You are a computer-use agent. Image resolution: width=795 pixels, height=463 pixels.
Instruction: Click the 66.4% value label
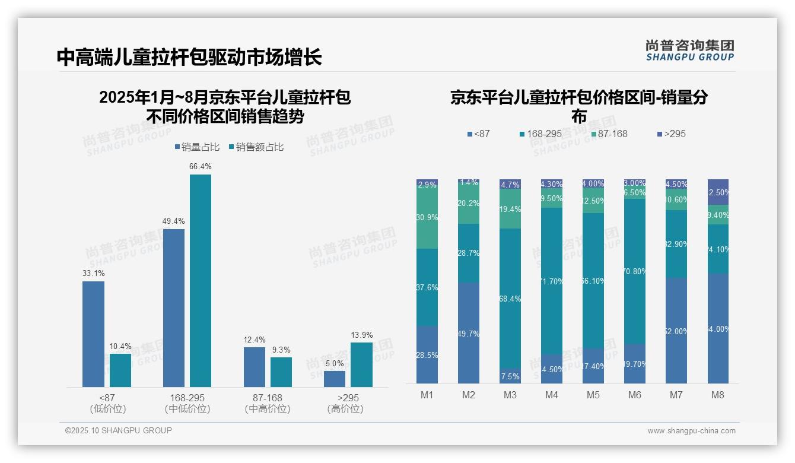[201, 167]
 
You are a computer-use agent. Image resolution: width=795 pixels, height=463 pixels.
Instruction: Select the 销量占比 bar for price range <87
[93, 334]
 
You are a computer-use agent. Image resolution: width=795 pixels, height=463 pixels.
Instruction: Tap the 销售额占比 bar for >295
[361, 364]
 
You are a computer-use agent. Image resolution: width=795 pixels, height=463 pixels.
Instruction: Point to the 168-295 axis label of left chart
[187, 398]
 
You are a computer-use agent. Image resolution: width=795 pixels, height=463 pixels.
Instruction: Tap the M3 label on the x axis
[510, 395]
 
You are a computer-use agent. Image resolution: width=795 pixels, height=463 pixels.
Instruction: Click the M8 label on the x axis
[718, 395]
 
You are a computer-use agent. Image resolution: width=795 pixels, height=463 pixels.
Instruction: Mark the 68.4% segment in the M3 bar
[510, 299]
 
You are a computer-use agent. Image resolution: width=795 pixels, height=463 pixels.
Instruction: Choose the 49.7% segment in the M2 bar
[468, 333]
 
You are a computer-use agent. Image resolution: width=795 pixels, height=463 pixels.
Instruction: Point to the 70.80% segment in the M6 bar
[635, 271]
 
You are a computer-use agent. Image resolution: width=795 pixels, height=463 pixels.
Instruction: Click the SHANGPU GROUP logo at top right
[689, 50]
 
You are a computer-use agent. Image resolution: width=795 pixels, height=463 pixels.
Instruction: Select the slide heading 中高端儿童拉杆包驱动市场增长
[189, 57]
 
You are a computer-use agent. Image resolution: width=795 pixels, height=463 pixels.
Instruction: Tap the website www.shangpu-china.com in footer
[691, 431]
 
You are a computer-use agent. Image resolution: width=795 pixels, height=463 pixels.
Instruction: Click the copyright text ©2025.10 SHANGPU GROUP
[119, 430]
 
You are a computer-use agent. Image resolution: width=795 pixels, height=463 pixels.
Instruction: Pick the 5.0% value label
[335, 363]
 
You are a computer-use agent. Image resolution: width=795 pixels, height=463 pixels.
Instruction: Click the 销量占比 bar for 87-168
[255, 367]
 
